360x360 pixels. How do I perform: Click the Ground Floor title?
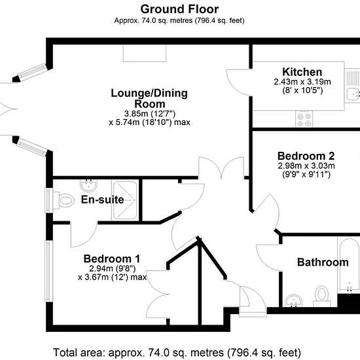[x=179, y=9]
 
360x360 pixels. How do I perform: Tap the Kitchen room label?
[x=302, y=72]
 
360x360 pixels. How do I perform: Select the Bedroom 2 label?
[x=306, y=156]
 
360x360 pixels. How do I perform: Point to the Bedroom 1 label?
[x=112, y=259]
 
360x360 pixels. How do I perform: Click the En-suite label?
[x=102, y=200]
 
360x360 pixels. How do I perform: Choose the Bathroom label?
[x=323, y=262]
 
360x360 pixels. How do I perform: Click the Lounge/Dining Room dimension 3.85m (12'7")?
[x=150, y=113]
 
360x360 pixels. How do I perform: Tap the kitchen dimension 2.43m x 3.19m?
[x=302, y=82]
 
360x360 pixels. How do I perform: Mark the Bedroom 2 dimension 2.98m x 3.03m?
[x=306, y=166]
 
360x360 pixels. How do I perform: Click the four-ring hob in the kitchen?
[x=304, y=118]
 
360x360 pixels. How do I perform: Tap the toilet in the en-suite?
[x=63, y=200]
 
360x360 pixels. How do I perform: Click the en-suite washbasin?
[x=89, y=185]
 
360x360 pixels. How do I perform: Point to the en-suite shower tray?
[x=125, y=200]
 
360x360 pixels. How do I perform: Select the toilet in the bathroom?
[x=322, y=296]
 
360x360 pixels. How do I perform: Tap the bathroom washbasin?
[x=294, y=301]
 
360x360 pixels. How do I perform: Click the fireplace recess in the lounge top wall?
[x=145, y=53]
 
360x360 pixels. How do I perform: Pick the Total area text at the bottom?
[x=177, y=352]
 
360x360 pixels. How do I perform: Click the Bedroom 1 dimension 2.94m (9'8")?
[x=113, y=268]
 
